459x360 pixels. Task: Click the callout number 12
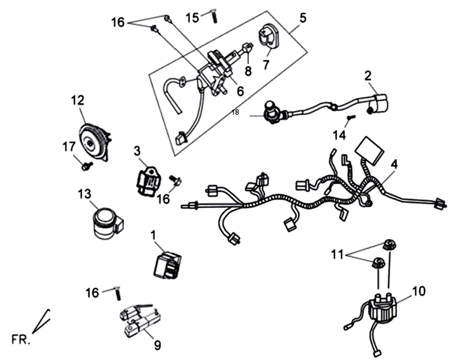[x=77, y=100]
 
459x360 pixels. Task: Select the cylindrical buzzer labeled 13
[x=104, y=222]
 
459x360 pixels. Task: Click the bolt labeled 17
[x=87, y=166]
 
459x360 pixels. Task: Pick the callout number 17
[x=69, y=147]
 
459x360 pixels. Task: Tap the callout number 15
[x=192, y=17]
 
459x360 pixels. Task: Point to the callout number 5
[x=303, y=16]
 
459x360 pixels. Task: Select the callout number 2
[x=368, y=75]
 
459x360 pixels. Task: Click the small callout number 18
[x=235, y=113]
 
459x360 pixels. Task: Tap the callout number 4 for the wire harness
[x=394, y=164]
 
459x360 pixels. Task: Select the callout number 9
[x=156, y=345]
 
